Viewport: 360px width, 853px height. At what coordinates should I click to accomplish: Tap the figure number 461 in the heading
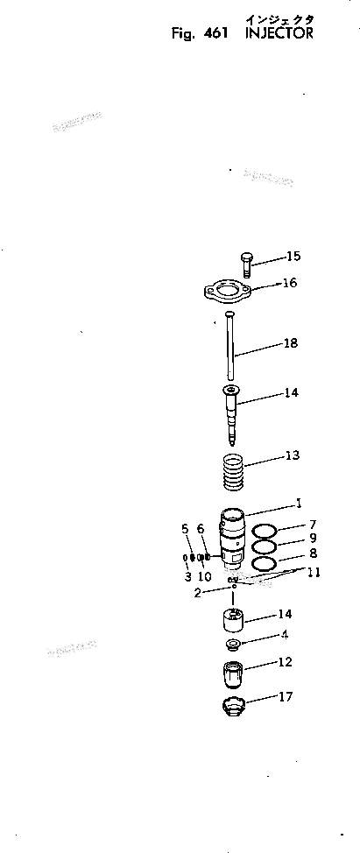214,34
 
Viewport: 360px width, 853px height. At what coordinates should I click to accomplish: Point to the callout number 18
290,344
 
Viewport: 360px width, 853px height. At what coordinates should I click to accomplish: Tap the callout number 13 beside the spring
291,455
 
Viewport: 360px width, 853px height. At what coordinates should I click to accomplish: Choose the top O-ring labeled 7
265,531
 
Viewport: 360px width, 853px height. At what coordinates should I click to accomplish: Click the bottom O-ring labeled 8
265,562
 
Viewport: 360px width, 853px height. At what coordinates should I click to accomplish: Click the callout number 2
198,593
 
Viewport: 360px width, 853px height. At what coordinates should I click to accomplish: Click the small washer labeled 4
234,645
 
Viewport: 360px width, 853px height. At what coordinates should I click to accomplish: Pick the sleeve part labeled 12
233,676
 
